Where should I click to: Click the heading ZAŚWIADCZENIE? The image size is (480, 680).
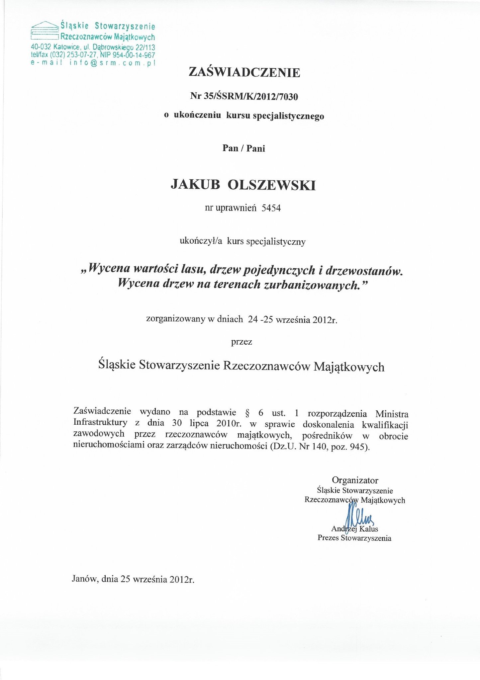point(244,72)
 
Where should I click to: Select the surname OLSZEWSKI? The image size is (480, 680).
point(271,185)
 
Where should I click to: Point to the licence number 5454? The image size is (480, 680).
point(271,208)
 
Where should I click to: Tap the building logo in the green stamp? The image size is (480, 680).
point(45,32)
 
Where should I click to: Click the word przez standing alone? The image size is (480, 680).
point(241,342)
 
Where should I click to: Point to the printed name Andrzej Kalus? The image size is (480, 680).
point(354,529)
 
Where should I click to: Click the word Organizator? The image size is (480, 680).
point(355,480)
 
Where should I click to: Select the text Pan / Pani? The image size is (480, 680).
point(244,148)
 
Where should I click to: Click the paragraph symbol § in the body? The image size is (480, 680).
point(247,413)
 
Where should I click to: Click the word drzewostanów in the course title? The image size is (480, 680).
point(364,271)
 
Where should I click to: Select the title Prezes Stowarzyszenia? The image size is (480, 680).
point(354,538)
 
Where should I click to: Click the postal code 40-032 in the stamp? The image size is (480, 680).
point(41,47)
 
